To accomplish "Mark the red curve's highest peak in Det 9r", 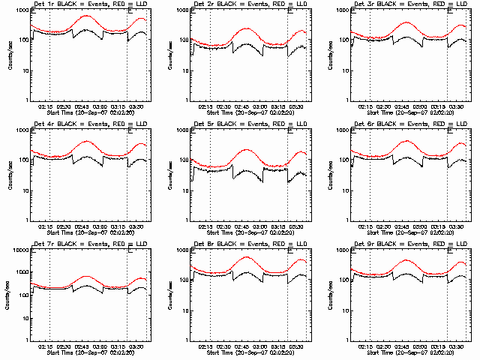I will point(407,259).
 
